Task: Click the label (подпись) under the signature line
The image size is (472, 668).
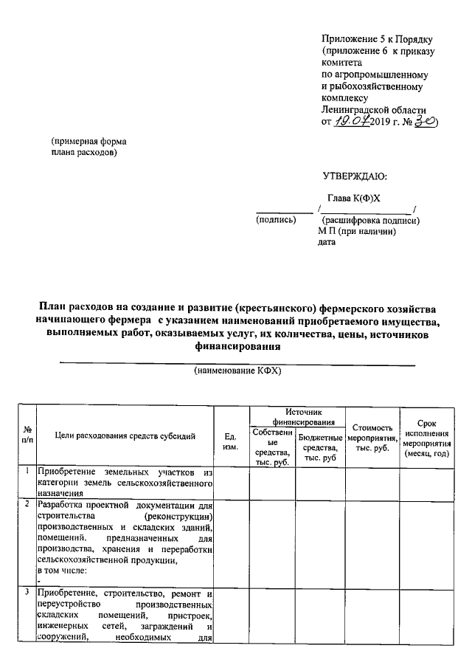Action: tap(276, 220)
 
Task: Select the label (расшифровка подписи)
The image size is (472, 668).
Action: tap(371, 220)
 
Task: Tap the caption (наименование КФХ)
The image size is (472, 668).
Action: tap(237, 371)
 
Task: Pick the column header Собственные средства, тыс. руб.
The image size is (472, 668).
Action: tap(272, 446)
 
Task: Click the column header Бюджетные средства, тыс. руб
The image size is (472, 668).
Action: tap(319, 447)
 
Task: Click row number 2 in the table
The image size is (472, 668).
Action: tap(27, 505)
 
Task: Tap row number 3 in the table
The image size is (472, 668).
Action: tap(27, 593)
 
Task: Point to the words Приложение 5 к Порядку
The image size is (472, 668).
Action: tap(376, 38)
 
